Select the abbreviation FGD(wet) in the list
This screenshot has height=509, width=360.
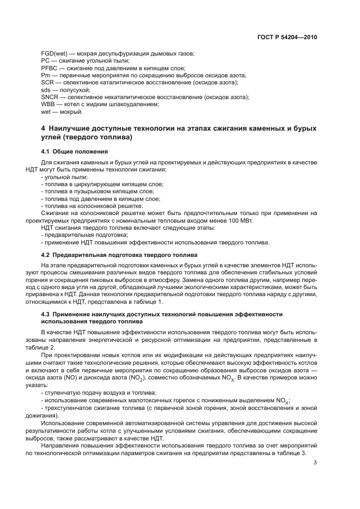click(x=54, y=53)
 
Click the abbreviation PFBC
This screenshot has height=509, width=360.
click(x=50, y=68)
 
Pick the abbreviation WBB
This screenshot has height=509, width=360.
click(x=49, y=103)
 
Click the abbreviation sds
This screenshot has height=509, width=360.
click(x=46, y=89)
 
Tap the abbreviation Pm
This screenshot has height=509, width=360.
click(x=46, y=75)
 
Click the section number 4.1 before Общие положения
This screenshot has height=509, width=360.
click(x=46, y=151)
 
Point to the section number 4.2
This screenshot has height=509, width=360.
click(x=46, y=255)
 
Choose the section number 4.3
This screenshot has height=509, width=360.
click(x=46, y=314)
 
